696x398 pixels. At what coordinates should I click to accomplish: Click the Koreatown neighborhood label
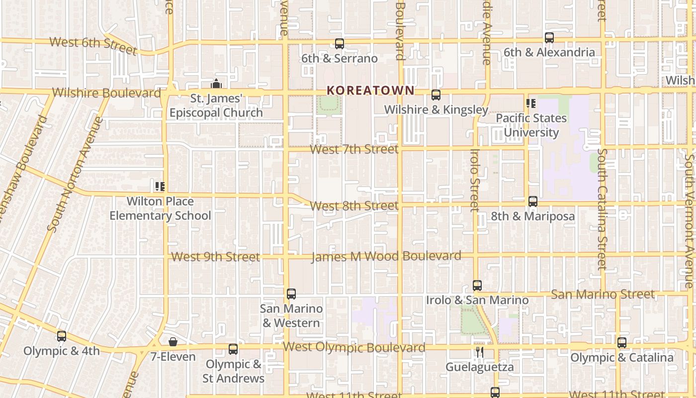pyautogui.click(x=370, y=90)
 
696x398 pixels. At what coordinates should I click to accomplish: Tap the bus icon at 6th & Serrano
pyautogui.click(x=340, y=44)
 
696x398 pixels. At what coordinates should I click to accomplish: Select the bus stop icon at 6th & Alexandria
pyautogui.click(x=549, y=38)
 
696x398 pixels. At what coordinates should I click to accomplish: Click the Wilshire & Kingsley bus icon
pyautogui.click(x=436, y=95)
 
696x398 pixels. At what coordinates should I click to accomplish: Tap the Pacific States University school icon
pyautogui.click(x=531, y=103)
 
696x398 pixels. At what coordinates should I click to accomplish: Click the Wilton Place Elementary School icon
pyautogui.click(x=160, y=187)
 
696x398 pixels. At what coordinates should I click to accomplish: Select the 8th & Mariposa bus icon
pyautogui.click(x=533, y=201)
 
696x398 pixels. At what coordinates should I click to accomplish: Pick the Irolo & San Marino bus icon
pyautogui.click(x=477, y=286)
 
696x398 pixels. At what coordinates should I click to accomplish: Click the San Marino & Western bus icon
pyautogui.click(x=291, y=294)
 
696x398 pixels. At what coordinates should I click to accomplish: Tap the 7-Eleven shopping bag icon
pyautogui.click(x=173, y=342)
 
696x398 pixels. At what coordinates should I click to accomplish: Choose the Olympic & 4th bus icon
pyautogui.click(x=62, y=336)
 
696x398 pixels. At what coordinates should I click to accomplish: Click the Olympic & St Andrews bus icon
pyautogui.click(x=233, y=349)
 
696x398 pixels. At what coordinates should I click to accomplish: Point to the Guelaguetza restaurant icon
pyautogui.click(x=479, y=352)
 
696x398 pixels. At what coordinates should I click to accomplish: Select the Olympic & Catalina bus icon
pyautogui.click(x=622, y=343)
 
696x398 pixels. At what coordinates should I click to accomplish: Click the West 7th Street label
pyautogui.click(x=354, y=149)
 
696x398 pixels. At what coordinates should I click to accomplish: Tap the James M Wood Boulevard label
pyautogui.click(x=386, y=256)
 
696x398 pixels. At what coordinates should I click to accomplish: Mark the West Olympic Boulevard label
pyautogui.click(x=354, y=347)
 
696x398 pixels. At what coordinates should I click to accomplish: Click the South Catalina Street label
pyautogui.click(x=603, y=209)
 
